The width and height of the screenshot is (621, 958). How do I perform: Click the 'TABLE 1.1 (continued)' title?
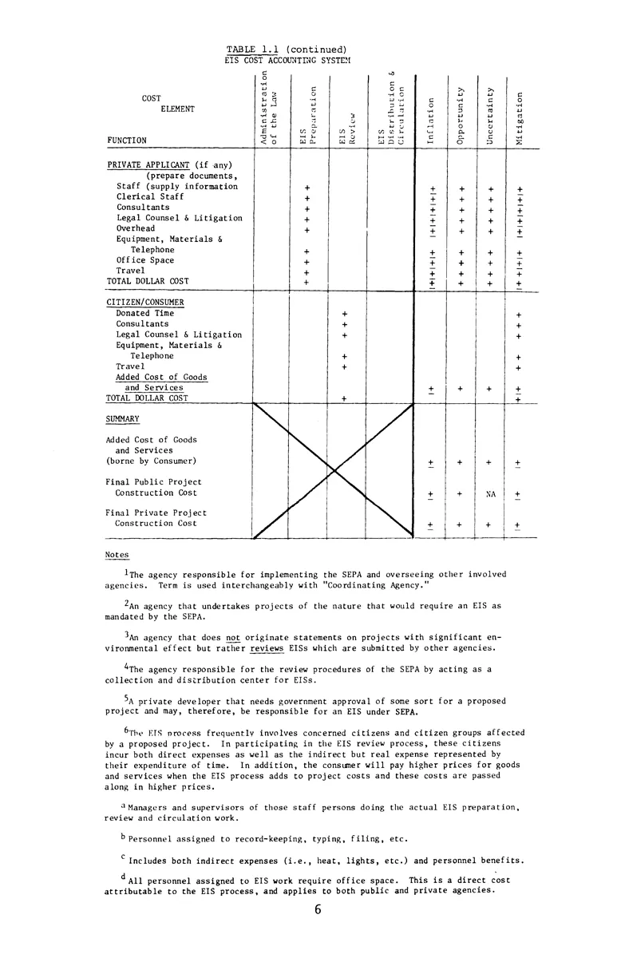[286, 49]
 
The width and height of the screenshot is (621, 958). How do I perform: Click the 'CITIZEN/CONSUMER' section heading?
[145, 303]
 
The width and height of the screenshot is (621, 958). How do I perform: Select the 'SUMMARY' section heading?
[123, 418]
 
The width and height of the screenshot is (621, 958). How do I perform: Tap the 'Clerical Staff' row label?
[150, 196]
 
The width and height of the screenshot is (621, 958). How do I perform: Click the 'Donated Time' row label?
[144, 314]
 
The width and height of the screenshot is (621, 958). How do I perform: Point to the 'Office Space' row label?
[144, 260]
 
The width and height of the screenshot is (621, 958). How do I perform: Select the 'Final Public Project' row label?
[153, 482]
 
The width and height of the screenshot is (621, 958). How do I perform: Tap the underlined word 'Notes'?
[117, 555]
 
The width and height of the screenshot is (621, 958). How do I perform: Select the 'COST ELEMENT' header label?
[162, 104]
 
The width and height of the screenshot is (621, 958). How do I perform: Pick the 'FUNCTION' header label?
[126, 141]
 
